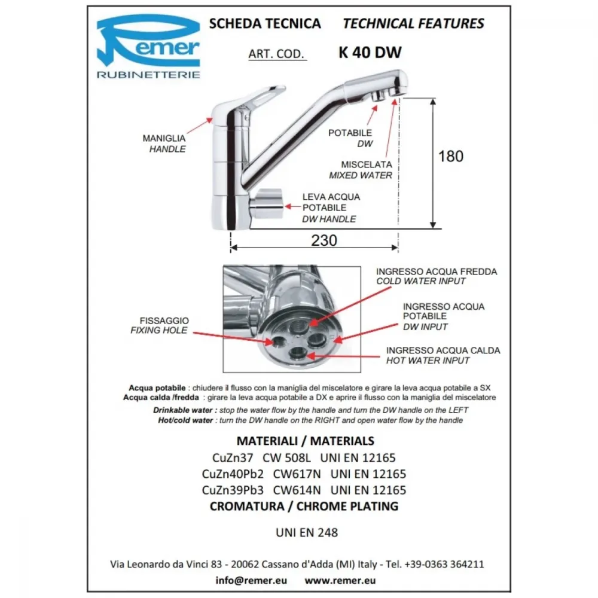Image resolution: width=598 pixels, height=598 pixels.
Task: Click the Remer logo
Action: (x=148, y=47)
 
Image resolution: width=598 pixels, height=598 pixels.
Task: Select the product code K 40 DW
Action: (x=370, y=53)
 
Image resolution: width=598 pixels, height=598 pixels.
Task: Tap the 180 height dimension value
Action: (x=451, y=156)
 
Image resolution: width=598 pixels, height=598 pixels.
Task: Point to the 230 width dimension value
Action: (x=324, y=240)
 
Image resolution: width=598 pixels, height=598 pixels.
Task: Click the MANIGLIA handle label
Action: (x=164, y=144)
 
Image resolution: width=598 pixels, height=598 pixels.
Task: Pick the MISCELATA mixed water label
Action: (x=361, y=170)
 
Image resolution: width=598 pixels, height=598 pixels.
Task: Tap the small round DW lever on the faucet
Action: (x=267, y=204)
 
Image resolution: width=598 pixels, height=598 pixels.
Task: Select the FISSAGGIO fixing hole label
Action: (x=160, y=325)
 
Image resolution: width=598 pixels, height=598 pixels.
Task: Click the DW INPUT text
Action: (x=425, y=327)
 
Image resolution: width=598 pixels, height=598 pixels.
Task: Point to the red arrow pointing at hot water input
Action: (x=343, y=356)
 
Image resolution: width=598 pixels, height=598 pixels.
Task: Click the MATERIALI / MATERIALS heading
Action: (x=306, y=441)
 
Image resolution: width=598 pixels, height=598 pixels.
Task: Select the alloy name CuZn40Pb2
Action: (x=233, y=474)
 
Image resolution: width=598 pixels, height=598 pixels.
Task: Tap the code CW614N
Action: (x=297, y=490)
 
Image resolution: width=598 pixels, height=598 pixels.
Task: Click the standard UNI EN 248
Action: (x=307, y=532)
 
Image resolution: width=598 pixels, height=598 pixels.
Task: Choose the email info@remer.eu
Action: (x=251, y=580)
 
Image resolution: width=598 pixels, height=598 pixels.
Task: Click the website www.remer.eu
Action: (x=340, y=580)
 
